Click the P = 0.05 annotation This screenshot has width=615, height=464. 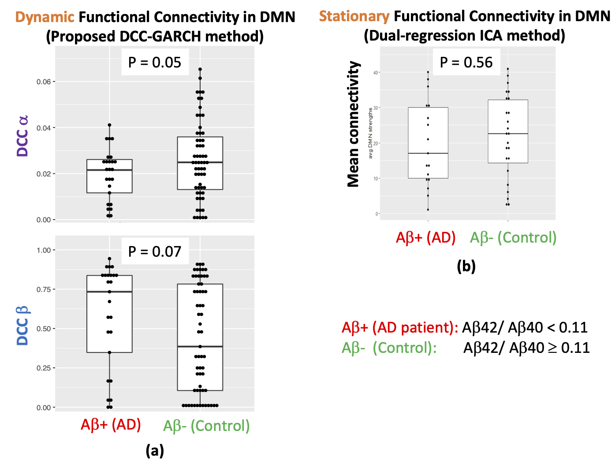pyautogui.click(x=154, y=63)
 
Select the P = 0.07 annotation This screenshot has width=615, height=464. pyautogui.click(x=154, y=251)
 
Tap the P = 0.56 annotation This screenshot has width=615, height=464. pyautogui.click(x=466, y=63)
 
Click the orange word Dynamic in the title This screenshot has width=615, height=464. pyautogui.click(x=45, y=17)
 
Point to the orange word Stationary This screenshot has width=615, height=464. pyautogui.click(x=354, y=16)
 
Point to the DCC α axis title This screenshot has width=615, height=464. pyautogui.click(x=22, y=136)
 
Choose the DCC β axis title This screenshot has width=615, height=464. pyautogui.click(x=22, y=326)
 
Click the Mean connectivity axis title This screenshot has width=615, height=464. pyautogui.click(x=354, y=124)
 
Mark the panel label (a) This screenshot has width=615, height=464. pyautogui.click(x=155, y=450)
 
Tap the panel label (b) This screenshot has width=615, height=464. pyautogui.click(x=466, y=266)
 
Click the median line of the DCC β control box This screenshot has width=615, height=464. pyautogui.click(x=200, y=347)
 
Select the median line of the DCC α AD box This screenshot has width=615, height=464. pyautogui.click(x=109, y=170)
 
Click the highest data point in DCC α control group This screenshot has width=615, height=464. pyautogui.click(x=200, y=69)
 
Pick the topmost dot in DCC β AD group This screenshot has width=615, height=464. pyautogui.click(x=109, y=259)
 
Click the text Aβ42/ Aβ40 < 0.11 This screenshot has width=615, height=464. pyautogui.click(x=525, y=328)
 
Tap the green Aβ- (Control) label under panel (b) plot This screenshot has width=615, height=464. pyautogui.click(x=513, y=238)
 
